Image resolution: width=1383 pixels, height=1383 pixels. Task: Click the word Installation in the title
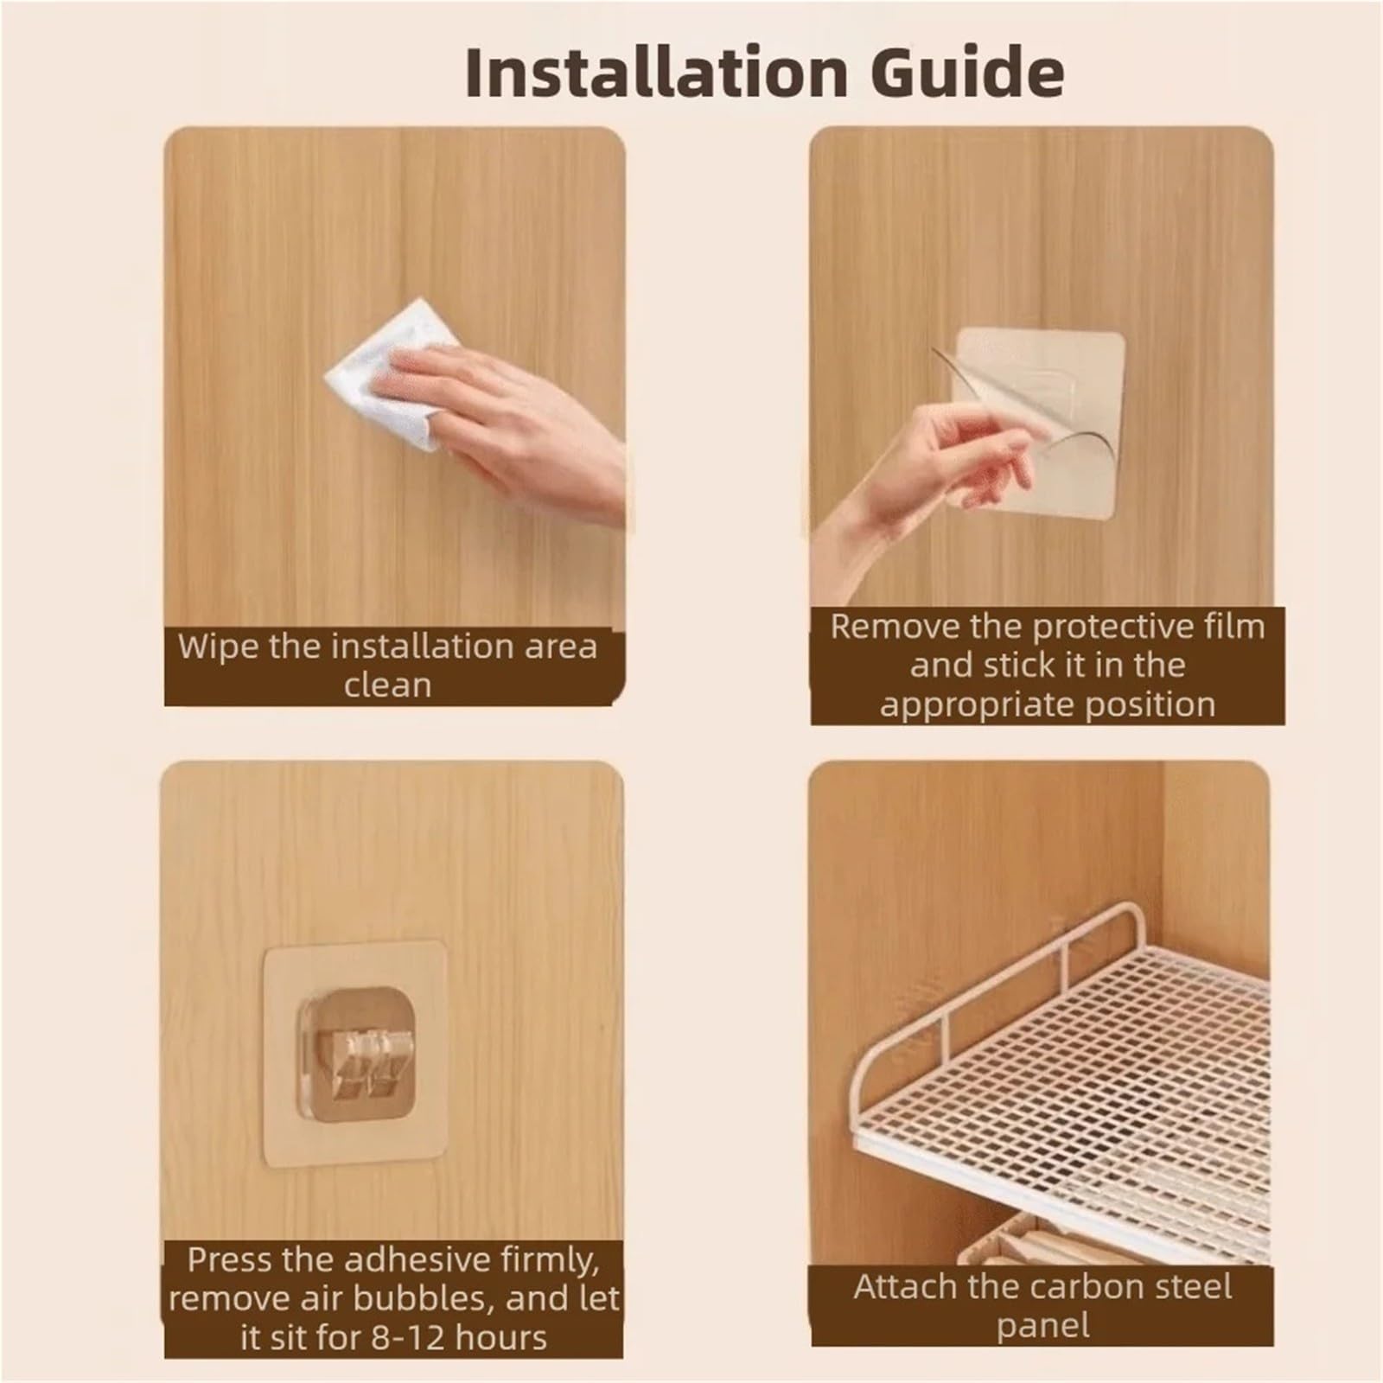tap(656, 73)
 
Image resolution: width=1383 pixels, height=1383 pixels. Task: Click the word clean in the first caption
tap(387, 685)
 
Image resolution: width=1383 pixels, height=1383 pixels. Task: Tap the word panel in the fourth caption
tap(1043, 1326)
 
